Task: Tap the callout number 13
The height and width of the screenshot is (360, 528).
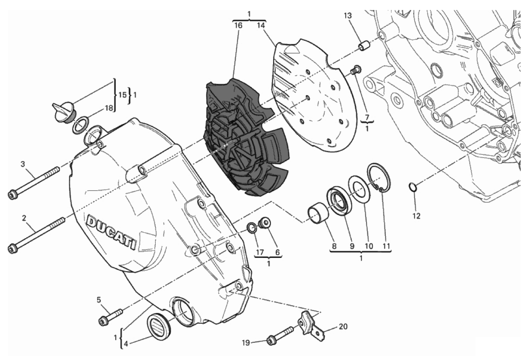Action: [x=348, y=16]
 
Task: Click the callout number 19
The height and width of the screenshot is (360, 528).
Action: [x=246, y=343]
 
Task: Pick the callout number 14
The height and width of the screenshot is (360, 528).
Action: [x=261, y=25]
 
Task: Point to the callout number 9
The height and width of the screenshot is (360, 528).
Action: [x=352, y=246]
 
